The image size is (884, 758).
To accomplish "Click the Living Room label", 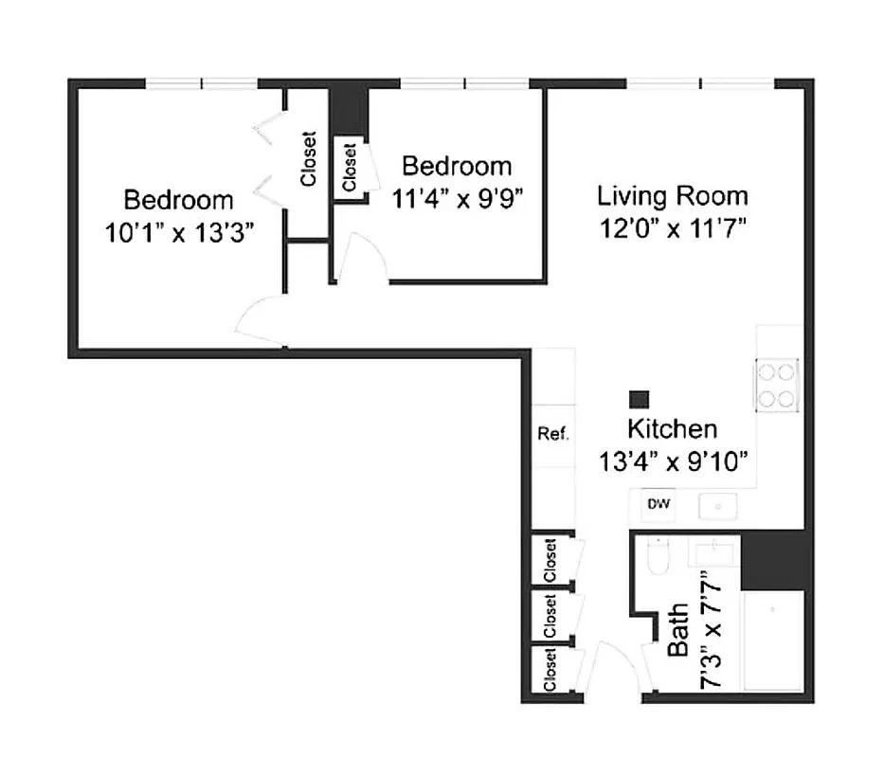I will (672, 196).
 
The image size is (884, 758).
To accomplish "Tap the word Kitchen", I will (672, 429).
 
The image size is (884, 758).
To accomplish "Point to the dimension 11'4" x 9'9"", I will (457, 198).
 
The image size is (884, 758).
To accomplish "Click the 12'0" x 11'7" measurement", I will (672, 229).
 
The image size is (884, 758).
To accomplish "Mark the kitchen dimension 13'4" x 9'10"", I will (674, 461).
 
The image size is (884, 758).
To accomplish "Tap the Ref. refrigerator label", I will (552, 434).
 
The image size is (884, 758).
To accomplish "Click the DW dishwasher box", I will (658, 504).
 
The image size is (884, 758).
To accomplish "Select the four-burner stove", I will (776, 385).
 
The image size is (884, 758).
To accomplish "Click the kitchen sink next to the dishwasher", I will (717, 507).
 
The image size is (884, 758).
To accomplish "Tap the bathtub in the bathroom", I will (773, 640).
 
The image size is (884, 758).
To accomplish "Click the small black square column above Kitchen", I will (640, 400).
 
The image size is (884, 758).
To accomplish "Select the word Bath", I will (678, 633).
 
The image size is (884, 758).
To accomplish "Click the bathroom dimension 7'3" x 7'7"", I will (712, 629).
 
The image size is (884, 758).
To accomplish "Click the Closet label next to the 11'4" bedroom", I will (350, 167).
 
